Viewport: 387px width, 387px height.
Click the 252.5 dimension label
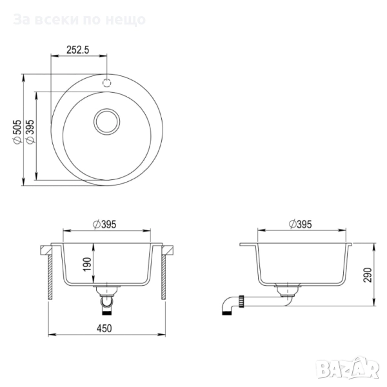[x=78, y=50]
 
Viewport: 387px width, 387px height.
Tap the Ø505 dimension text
[x=18, y=132]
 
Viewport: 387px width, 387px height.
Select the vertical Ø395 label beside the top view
[x=30, y=132]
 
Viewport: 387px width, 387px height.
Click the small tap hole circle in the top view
[x=107, y=83]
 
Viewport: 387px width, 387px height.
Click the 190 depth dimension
[x=87, y=264]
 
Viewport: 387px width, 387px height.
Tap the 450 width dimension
[x=104, y=328]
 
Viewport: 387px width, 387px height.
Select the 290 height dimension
[x=368, y=275]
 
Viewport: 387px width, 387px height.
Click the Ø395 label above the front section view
[x=104, y=224]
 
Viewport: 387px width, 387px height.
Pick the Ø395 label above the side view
[x=300, y=224]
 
